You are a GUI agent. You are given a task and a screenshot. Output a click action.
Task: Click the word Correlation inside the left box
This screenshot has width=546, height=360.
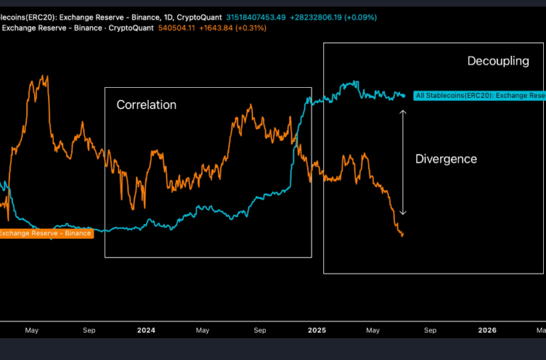146,105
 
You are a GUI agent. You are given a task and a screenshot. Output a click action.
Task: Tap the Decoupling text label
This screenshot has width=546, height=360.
498,61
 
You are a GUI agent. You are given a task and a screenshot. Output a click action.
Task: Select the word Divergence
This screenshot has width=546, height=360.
445,159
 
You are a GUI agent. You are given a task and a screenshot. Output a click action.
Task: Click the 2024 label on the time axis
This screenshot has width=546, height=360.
146,330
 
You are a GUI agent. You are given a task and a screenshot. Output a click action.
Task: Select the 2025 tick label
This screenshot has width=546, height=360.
316,330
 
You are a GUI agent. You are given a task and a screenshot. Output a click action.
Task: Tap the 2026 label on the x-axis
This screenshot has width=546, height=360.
487,330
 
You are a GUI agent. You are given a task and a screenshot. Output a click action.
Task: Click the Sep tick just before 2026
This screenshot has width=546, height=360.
430,330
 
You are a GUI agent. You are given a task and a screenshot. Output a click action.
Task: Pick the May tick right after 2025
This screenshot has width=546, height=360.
373,330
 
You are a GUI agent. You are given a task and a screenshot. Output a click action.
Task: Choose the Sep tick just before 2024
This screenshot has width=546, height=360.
89,330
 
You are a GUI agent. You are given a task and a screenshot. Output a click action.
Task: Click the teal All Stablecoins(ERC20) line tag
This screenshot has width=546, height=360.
479,95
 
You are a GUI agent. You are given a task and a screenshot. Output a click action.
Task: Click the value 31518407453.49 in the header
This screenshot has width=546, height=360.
256,17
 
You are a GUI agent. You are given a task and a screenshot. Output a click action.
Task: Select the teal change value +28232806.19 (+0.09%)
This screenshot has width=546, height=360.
333,17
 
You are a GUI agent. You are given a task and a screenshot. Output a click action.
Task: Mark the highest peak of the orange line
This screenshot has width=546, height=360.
46,75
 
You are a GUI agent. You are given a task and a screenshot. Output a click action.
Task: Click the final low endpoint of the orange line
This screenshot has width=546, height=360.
402,235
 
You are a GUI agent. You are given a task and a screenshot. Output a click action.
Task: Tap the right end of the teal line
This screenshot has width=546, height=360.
404,95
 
